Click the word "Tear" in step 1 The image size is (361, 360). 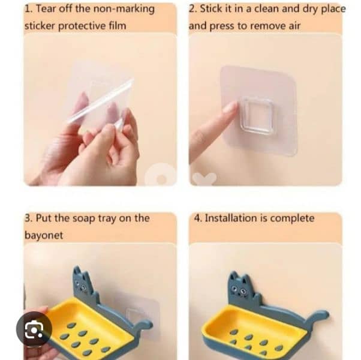coord(49,9)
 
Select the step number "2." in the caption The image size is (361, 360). coord(193,9)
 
